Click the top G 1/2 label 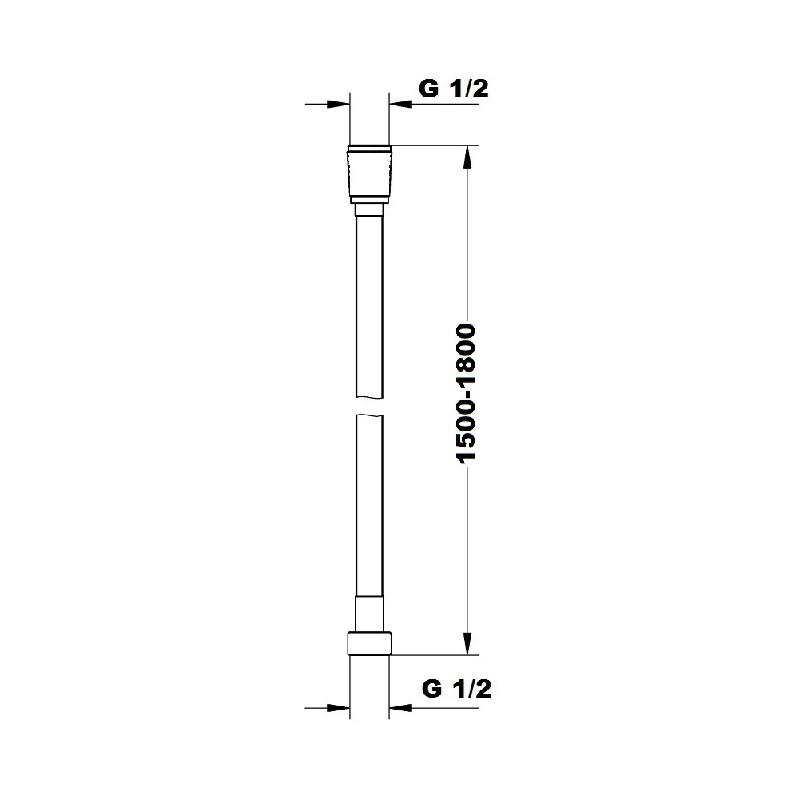pyautogui.click(x=454, y=89)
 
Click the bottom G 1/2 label pyautogui.click(x=456, y=689)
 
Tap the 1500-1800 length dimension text pyautogui.click(x=467, y=393)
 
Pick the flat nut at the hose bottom pyautogui.click(x=369, y=643)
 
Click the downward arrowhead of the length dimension pyautogui.click(x=467, y=643)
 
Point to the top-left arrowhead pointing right pyautogui.click(x=338, y=104)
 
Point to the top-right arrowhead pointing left pyautogui.click(x=400, y=104)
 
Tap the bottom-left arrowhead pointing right pyautogui.click(x=338, y=708)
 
